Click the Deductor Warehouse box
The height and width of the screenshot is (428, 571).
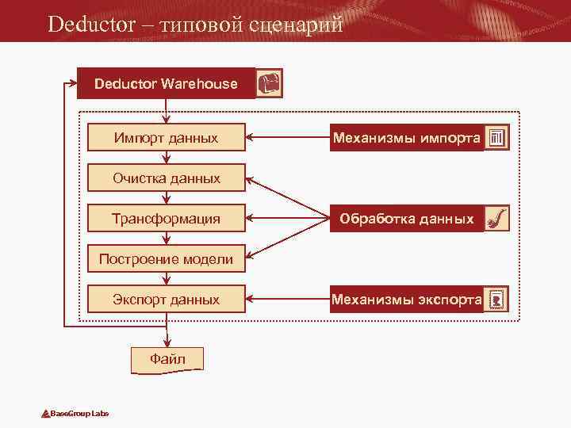(x=166, y=83)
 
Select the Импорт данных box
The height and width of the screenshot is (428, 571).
(x=166, y=138)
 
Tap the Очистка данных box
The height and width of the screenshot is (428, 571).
(x=166, y=178)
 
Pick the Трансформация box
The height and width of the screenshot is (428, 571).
(x=166, y=218)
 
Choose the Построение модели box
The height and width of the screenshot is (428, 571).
(x=166, y=258)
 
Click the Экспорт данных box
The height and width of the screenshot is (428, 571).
(x=166, y=300)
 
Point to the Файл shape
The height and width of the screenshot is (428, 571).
(x=167, y=359)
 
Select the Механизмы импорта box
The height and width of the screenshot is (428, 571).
(x=406, y=138)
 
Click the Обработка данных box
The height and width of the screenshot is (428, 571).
(x=406, y=218)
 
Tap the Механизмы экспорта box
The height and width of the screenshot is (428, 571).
(x=406, y=300)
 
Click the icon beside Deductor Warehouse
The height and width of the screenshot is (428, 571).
(x=270, y=83)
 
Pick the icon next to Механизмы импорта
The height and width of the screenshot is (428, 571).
(x=496, y=138)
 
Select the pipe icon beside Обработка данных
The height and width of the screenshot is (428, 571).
(x=496, y=218)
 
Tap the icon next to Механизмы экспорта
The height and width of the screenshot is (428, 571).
(x=496, y=300)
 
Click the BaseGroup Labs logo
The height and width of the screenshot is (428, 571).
(x=75, y=414)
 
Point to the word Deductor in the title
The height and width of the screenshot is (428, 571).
(x=91, y=24)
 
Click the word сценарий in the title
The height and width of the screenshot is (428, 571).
(x=296, y=24)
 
